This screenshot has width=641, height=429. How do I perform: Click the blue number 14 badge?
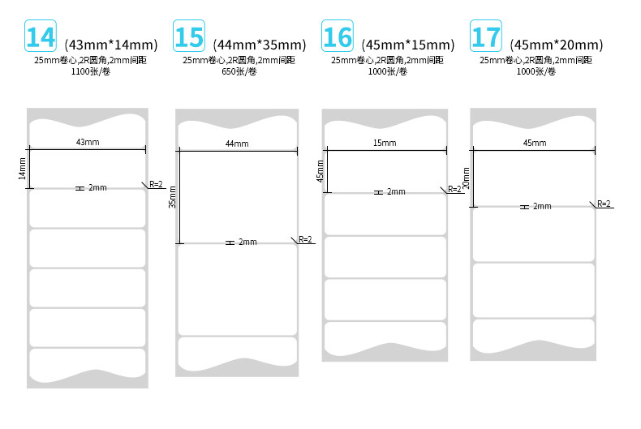coord(41,37)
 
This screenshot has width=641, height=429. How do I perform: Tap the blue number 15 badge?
coord(189,37)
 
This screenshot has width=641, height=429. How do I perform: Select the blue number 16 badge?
coord(338,37)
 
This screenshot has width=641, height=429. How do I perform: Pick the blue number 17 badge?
coord(486,37)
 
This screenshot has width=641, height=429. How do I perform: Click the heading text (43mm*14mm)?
coord(110,44)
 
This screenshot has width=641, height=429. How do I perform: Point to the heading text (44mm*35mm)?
coord(259,44)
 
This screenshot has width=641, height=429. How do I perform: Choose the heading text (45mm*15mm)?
coord(407,44)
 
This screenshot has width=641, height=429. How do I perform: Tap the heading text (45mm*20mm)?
coord(556,44)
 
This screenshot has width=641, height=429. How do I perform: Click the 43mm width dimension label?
coord(88,142)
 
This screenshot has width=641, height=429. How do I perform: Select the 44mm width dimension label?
coord(237,144)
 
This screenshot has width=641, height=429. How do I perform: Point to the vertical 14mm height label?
coord(23,169)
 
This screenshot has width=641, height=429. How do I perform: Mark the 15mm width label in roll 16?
coord(385,143)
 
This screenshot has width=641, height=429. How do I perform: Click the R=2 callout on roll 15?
coord(305,239)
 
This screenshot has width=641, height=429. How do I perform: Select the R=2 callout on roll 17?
coord(604,204)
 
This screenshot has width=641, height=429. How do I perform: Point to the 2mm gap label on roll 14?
coord(97,188)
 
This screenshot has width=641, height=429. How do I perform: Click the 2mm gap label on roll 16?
coord(395,192)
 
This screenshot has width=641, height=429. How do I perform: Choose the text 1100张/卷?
coord(89,71)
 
